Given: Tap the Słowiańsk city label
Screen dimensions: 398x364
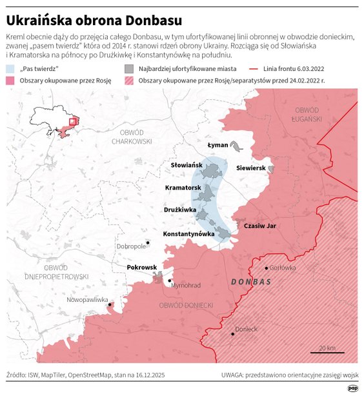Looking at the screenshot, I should tap(187, 166).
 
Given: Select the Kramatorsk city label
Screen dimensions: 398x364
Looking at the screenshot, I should tap(183, 187).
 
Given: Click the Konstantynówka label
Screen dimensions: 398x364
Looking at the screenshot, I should tap(188, 234).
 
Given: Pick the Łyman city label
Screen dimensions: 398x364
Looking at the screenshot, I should tap(217, 146).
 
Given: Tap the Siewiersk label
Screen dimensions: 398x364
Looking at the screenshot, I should tap(251, 168).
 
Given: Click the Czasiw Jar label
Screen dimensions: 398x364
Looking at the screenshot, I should tap(259, 226).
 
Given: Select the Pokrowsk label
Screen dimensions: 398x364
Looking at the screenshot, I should tap(142, 267).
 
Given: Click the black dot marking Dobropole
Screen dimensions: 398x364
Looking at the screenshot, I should tap(148, 243).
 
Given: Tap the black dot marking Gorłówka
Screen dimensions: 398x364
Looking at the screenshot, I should tap(267, 268).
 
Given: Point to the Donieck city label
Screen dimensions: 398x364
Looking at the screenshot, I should tap(246, 329).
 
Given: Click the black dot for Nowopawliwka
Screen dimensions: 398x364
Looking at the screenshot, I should tap(110, 304).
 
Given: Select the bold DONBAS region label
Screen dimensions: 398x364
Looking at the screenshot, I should tap(252, 283).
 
